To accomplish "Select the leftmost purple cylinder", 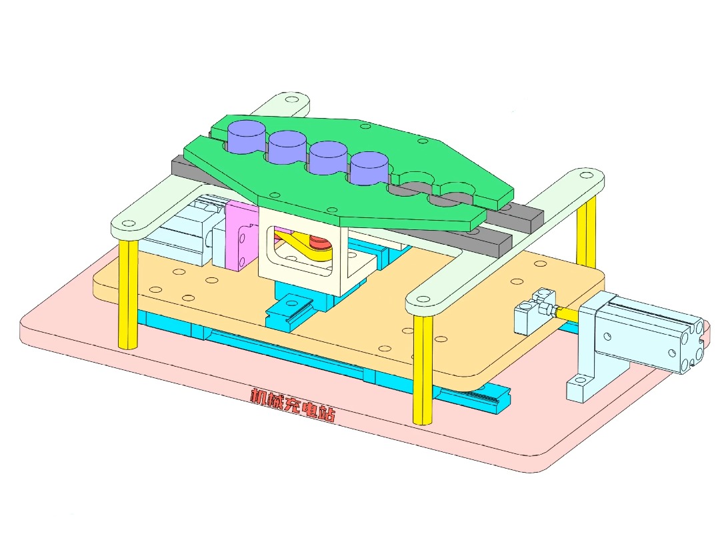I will click(246, 136).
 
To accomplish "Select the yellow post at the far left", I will click(127, 293).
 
